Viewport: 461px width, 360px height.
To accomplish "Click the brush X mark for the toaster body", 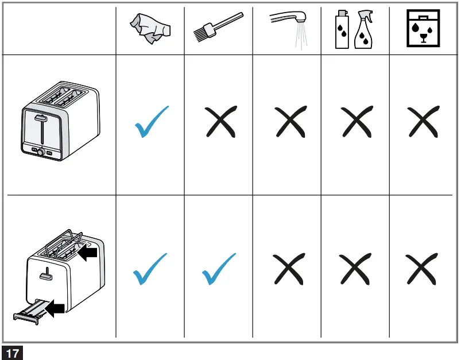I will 220,123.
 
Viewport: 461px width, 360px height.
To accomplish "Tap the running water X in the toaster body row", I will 288,123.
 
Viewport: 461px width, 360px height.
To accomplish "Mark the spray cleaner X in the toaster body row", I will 355,123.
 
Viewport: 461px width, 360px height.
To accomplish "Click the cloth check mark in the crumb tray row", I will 150,269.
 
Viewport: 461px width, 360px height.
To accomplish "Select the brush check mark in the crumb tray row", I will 219,269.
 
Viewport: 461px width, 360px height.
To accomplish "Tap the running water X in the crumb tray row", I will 288,269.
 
